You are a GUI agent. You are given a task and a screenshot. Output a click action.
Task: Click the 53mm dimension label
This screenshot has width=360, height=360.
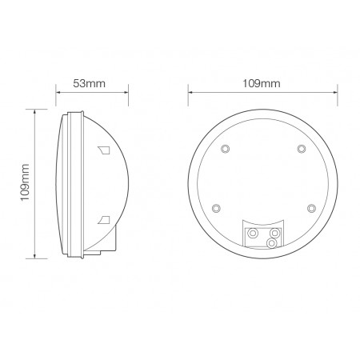(88, 82)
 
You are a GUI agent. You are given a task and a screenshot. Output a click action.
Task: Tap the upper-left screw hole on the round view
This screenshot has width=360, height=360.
(225, 150)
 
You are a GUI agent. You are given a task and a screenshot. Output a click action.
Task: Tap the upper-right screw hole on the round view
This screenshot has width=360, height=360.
(301, 150)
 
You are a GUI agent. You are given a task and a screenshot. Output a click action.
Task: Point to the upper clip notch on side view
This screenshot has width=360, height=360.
(103, 150)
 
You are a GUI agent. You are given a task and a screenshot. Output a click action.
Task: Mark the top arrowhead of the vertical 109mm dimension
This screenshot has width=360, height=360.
(34, 111)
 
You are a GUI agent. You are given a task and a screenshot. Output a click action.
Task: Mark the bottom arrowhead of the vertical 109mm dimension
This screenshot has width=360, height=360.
(34, 258)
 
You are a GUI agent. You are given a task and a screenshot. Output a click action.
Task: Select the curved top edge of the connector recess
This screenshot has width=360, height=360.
(262, 216)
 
